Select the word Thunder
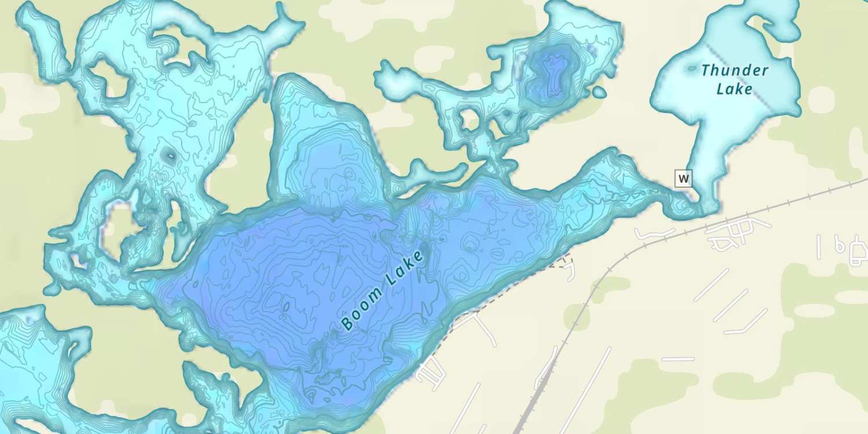click(734, 71)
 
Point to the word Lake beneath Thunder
click(734, 89)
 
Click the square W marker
click(683, 178)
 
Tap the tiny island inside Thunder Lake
click(692, 68)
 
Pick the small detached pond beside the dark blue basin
click(599, 92)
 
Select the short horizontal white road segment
click(678, 359)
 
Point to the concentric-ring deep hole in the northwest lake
click(170, 155)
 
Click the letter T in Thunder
click(705, 70)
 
